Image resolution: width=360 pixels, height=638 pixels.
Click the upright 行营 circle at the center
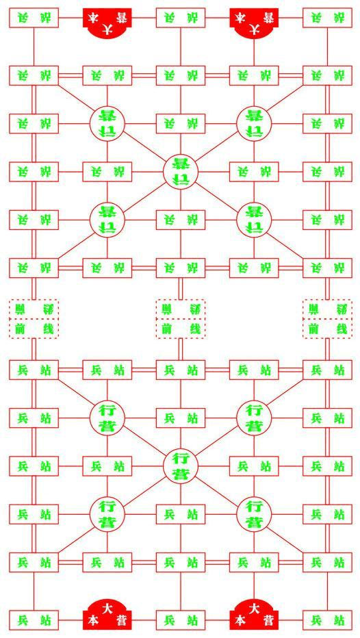click(x=181, y=465)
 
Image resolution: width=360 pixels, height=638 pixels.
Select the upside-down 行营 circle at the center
click(x=181, y=172)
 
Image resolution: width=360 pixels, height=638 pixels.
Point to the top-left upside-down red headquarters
click(x=107, y=23)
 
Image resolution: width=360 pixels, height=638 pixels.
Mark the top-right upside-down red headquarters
click(x=254, y=23)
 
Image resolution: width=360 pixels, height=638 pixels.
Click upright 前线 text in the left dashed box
click(x=34, y=329)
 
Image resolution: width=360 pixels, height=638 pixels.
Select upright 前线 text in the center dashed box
click(x=181, y=329)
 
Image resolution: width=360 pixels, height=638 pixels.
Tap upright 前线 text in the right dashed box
click(x=327, y=329)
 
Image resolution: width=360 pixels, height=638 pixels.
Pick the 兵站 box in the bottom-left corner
click(x=34, y=620)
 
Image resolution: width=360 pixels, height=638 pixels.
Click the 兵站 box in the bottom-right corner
click(x=327, y=620)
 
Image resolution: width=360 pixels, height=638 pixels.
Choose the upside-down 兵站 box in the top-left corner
click(x=34, y=18)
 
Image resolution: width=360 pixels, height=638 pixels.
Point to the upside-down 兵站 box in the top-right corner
click(x=327, y=18)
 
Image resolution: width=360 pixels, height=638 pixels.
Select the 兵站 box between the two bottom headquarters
click(x=181, y=620)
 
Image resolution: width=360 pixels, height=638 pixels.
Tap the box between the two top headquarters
click(x=181, y=18)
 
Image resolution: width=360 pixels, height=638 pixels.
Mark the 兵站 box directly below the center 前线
click(x=181, y=370)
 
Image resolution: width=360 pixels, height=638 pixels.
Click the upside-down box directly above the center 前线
click(x=181, y=268)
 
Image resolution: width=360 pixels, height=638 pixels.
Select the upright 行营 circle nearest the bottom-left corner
click(x=107, y=514)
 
